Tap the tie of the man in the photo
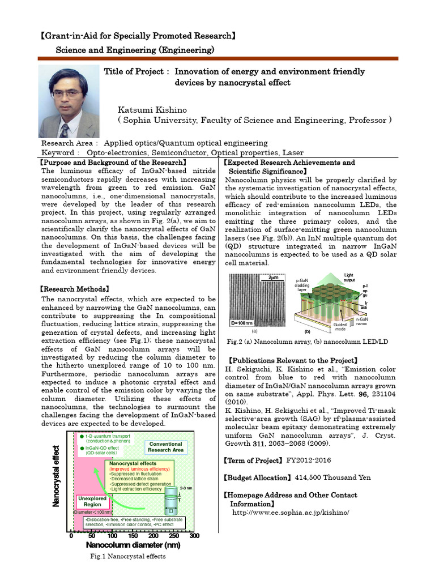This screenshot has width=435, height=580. click(64, 130)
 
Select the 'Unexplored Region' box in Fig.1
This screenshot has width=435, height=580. click(88, 501)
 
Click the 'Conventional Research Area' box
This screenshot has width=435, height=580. click(165, 447)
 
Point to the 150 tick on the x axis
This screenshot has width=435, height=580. click(133, 536)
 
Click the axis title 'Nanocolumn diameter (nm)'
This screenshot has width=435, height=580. click(133, 545)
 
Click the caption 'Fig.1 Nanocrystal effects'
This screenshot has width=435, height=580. click(128, 557)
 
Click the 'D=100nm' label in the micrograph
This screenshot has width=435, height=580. click(242, 323)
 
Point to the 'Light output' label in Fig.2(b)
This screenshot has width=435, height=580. click(348, 278)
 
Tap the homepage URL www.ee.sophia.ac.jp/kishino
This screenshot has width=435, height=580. click(291, 512)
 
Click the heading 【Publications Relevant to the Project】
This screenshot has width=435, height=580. click(292, 360)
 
